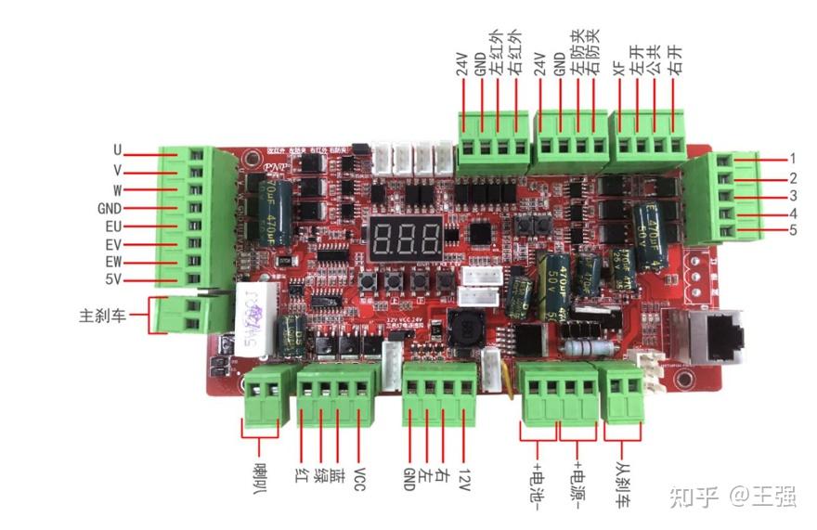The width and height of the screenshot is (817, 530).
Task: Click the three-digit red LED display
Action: [406, 241]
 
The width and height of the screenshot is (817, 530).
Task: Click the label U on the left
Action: [118, 150]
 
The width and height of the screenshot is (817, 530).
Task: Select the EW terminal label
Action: [113, 262]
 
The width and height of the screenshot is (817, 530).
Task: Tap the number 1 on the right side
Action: [793, 159]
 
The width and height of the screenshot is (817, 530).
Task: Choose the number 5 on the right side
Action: [793, 230]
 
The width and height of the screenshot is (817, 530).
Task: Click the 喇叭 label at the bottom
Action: [260, 472]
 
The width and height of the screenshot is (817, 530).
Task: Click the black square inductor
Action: [465, 327]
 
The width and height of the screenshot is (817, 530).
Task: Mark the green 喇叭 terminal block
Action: [263, 394]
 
